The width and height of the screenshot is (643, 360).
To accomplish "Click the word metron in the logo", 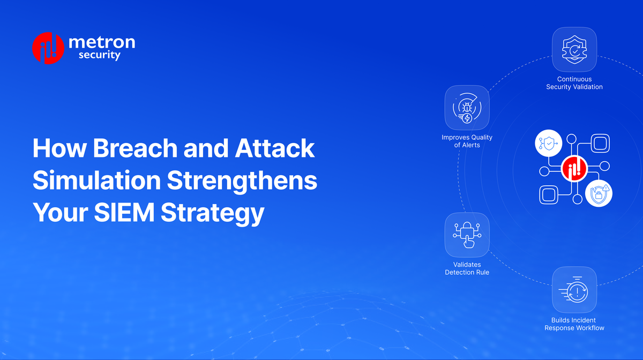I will coord(102,43).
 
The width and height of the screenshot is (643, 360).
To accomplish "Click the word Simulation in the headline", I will coord(95,181).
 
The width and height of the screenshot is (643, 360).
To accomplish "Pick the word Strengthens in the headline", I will coord(242,181).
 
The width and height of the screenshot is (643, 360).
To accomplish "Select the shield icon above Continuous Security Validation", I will coord(574,50).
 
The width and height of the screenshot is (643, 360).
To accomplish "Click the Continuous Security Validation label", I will coord(574,83).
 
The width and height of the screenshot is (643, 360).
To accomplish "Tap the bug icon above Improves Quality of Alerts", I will coord(467,108).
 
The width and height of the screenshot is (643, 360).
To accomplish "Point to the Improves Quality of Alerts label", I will coord(467,141).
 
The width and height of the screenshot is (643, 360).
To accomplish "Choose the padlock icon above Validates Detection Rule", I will coord(467,235).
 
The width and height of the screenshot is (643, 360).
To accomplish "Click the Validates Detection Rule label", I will coord(467,268).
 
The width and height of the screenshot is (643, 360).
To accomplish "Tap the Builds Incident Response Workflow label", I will coord(574,324).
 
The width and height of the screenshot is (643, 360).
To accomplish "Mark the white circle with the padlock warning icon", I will coord(599,193).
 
